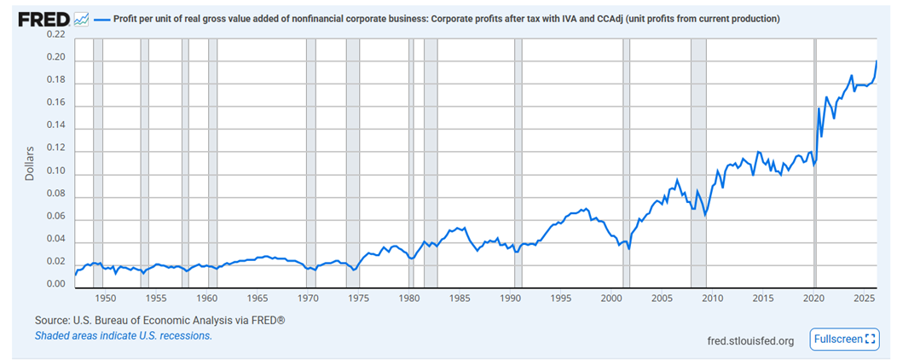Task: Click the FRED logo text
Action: [44, 20]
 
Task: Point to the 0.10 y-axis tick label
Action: [56, 171]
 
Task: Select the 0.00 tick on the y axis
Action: [56, 285]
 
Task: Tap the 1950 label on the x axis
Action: [105, 299]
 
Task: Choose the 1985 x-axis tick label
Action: [460, 299]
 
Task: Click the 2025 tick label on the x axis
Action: [865, 299]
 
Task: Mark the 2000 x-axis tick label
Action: [611, 299]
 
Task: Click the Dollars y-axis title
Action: [30, 164]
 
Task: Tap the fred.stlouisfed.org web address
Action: [750, 341]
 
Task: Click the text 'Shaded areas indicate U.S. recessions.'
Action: [124, 336]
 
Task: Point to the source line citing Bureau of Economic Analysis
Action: [159, 321]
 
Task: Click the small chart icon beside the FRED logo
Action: [81, 20]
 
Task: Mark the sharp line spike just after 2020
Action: [819, 108]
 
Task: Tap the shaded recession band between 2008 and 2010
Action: [698, 163]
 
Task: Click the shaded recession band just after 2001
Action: [627, 163]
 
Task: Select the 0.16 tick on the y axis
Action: [56, 103]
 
